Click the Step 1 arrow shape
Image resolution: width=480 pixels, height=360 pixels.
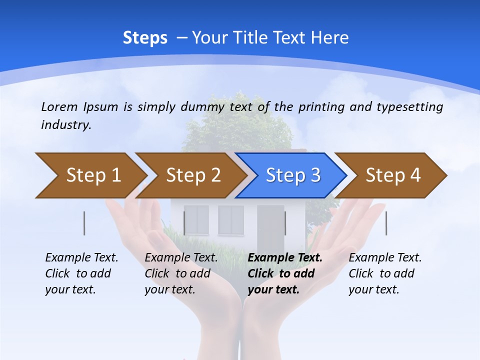click(x=90, y=175)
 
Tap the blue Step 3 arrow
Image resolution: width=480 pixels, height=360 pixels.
click(x=291, y=175)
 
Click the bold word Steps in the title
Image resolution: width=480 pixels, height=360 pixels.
click(x=145, y=38)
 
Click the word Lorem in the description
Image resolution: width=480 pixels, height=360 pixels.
click(x=59, y=107)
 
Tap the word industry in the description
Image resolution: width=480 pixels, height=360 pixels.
click(x=65, y=125)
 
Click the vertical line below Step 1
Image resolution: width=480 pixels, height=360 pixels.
click(x=84, y=223)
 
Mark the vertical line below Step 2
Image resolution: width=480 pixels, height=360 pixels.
click(x=184, y=223)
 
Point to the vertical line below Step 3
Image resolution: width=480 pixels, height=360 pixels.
click(x=285, y=223)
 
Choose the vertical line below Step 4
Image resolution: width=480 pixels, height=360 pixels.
click(x=386, y=223)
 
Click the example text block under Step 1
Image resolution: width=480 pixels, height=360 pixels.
click(x=81, y=273)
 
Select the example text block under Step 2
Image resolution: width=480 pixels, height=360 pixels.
click(x=181, y=273)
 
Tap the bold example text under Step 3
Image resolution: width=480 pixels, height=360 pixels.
click(x=285, y=273)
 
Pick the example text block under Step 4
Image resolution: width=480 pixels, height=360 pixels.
click(x=385, y=273)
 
